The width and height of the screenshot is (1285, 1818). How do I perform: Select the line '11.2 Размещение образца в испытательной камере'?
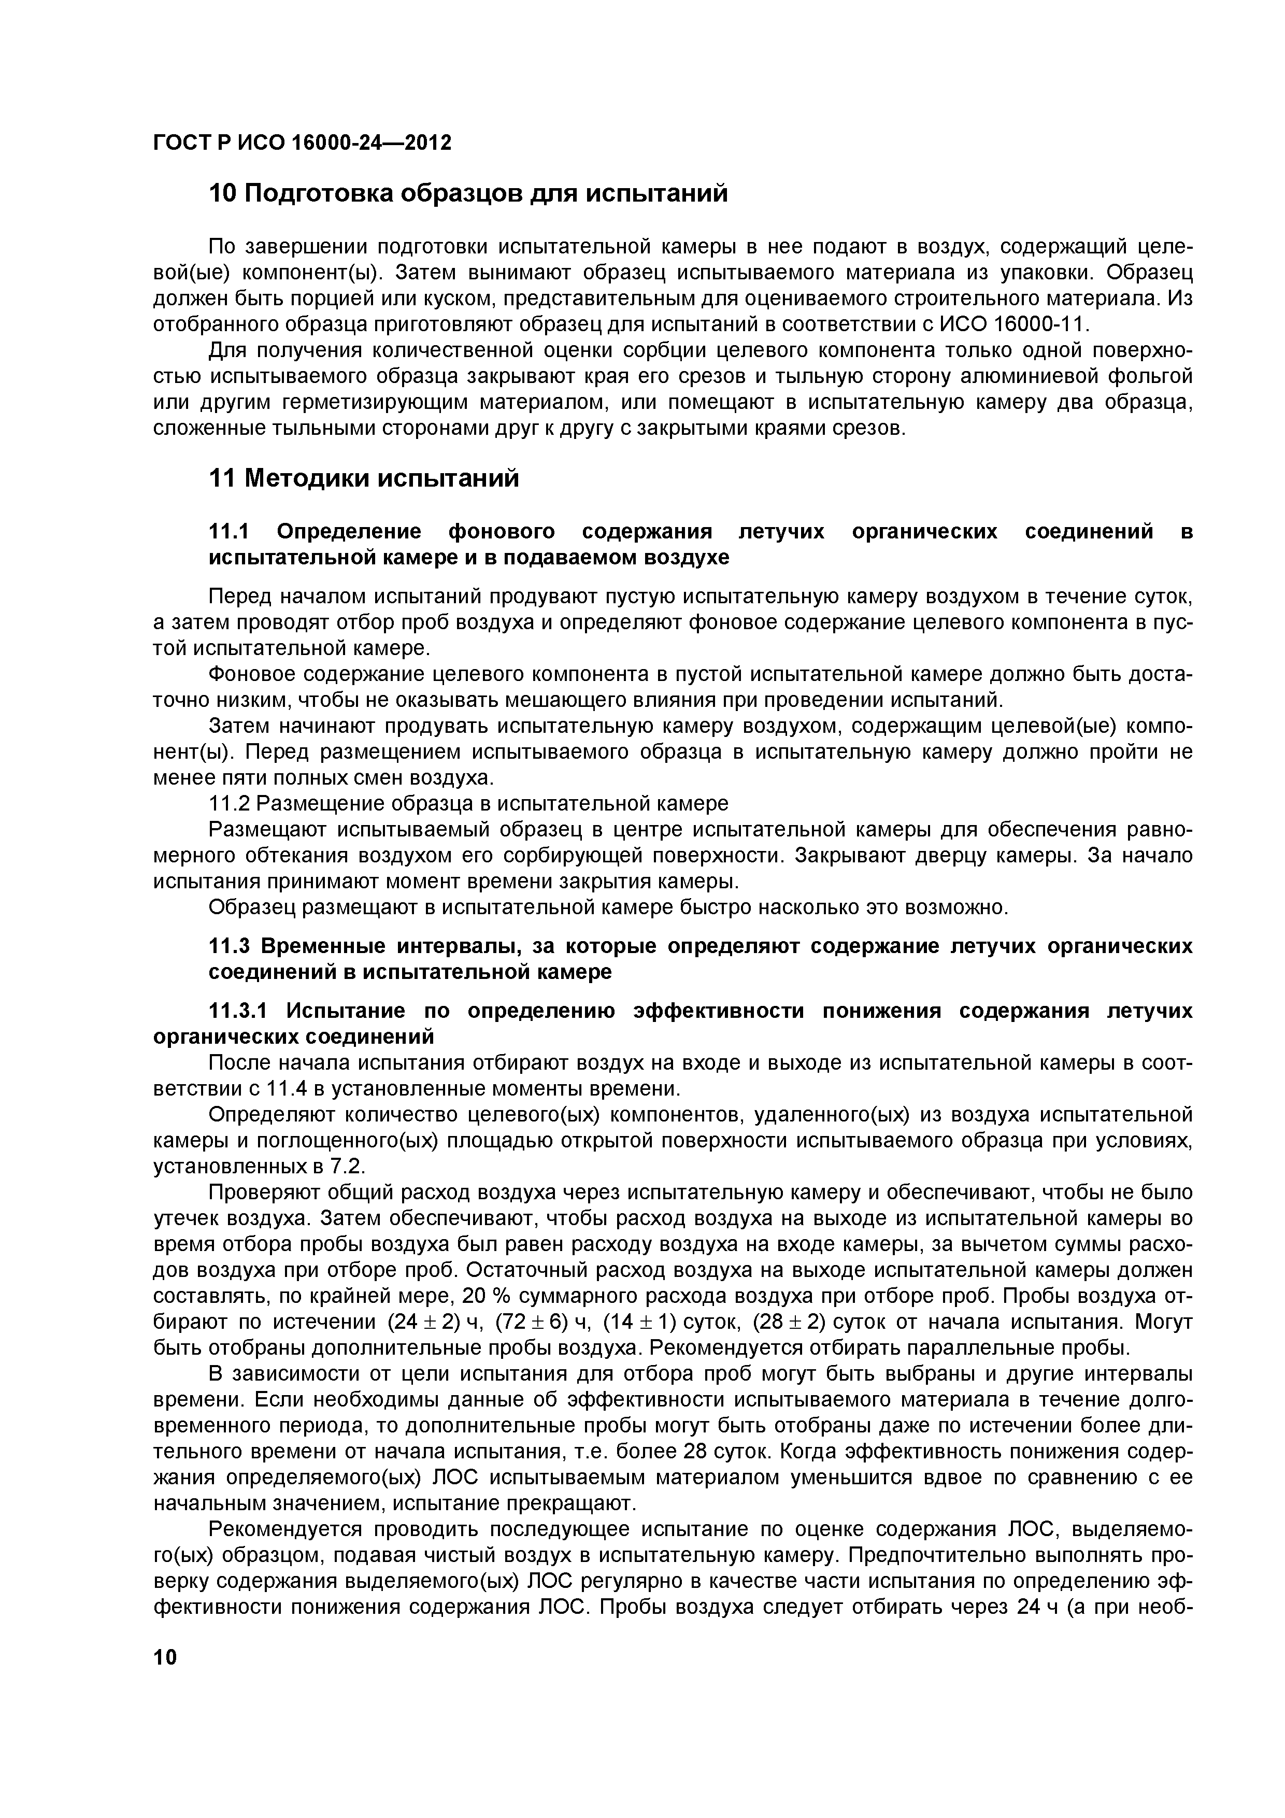467,804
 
